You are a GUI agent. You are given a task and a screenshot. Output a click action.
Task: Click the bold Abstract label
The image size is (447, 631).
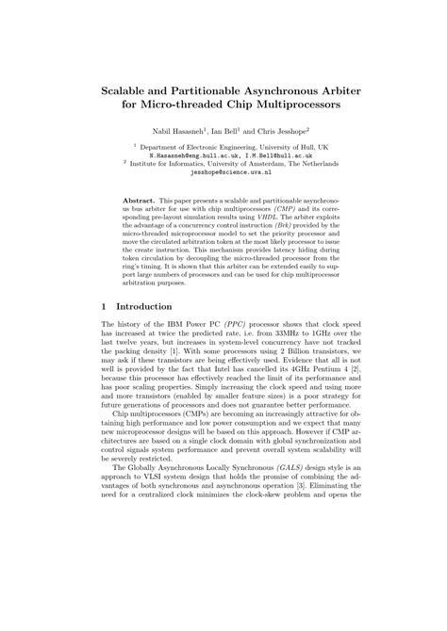coord(142,202)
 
